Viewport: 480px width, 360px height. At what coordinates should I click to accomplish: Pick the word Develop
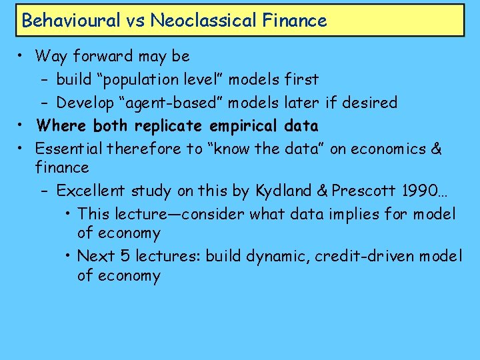[x=83, y=103]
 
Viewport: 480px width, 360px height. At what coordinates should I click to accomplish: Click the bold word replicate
[x=171, y=125]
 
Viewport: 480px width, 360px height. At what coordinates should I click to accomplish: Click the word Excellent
[x=90, y=191]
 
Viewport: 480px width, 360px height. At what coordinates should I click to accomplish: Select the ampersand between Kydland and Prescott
[x=322, y=191]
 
